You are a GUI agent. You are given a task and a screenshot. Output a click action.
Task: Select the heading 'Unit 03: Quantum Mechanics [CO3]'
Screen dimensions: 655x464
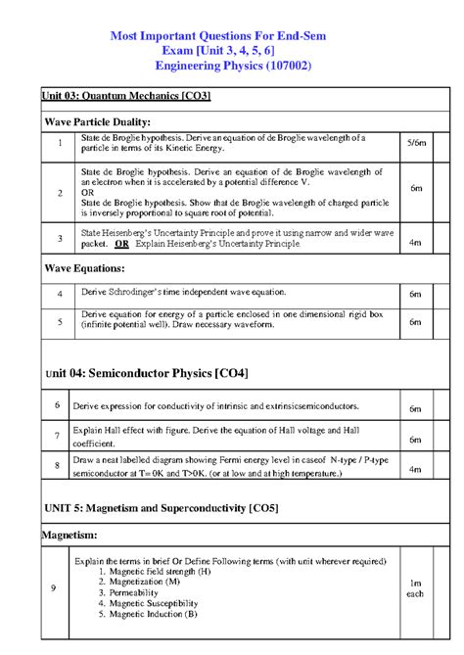(x=126, y=96)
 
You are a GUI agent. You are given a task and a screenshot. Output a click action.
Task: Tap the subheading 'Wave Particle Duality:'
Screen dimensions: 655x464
(x=97, y=121)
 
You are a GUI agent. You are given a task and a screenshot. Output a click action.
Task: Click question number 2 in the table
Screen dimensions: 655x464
(x=60, y=193)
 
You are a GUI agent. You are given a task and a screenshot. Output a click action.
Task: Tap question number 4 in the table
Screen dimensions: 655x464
(x=60, y=294)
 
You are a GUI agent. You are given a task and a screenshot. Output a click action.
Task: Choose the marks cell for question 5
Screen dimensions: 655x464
(x=415, y=321)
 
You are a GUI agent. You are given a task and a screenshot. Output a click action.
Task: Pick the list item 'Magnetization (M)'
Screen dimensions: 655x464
(x=144, y=581)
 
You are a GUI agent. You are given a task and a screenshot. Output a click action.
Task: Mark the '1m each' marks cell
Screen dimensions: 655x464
(x=415, y=587)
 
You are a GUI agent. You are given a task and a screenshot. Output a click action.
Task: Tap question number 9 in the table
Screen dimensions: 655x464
(x=54, y=587)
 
